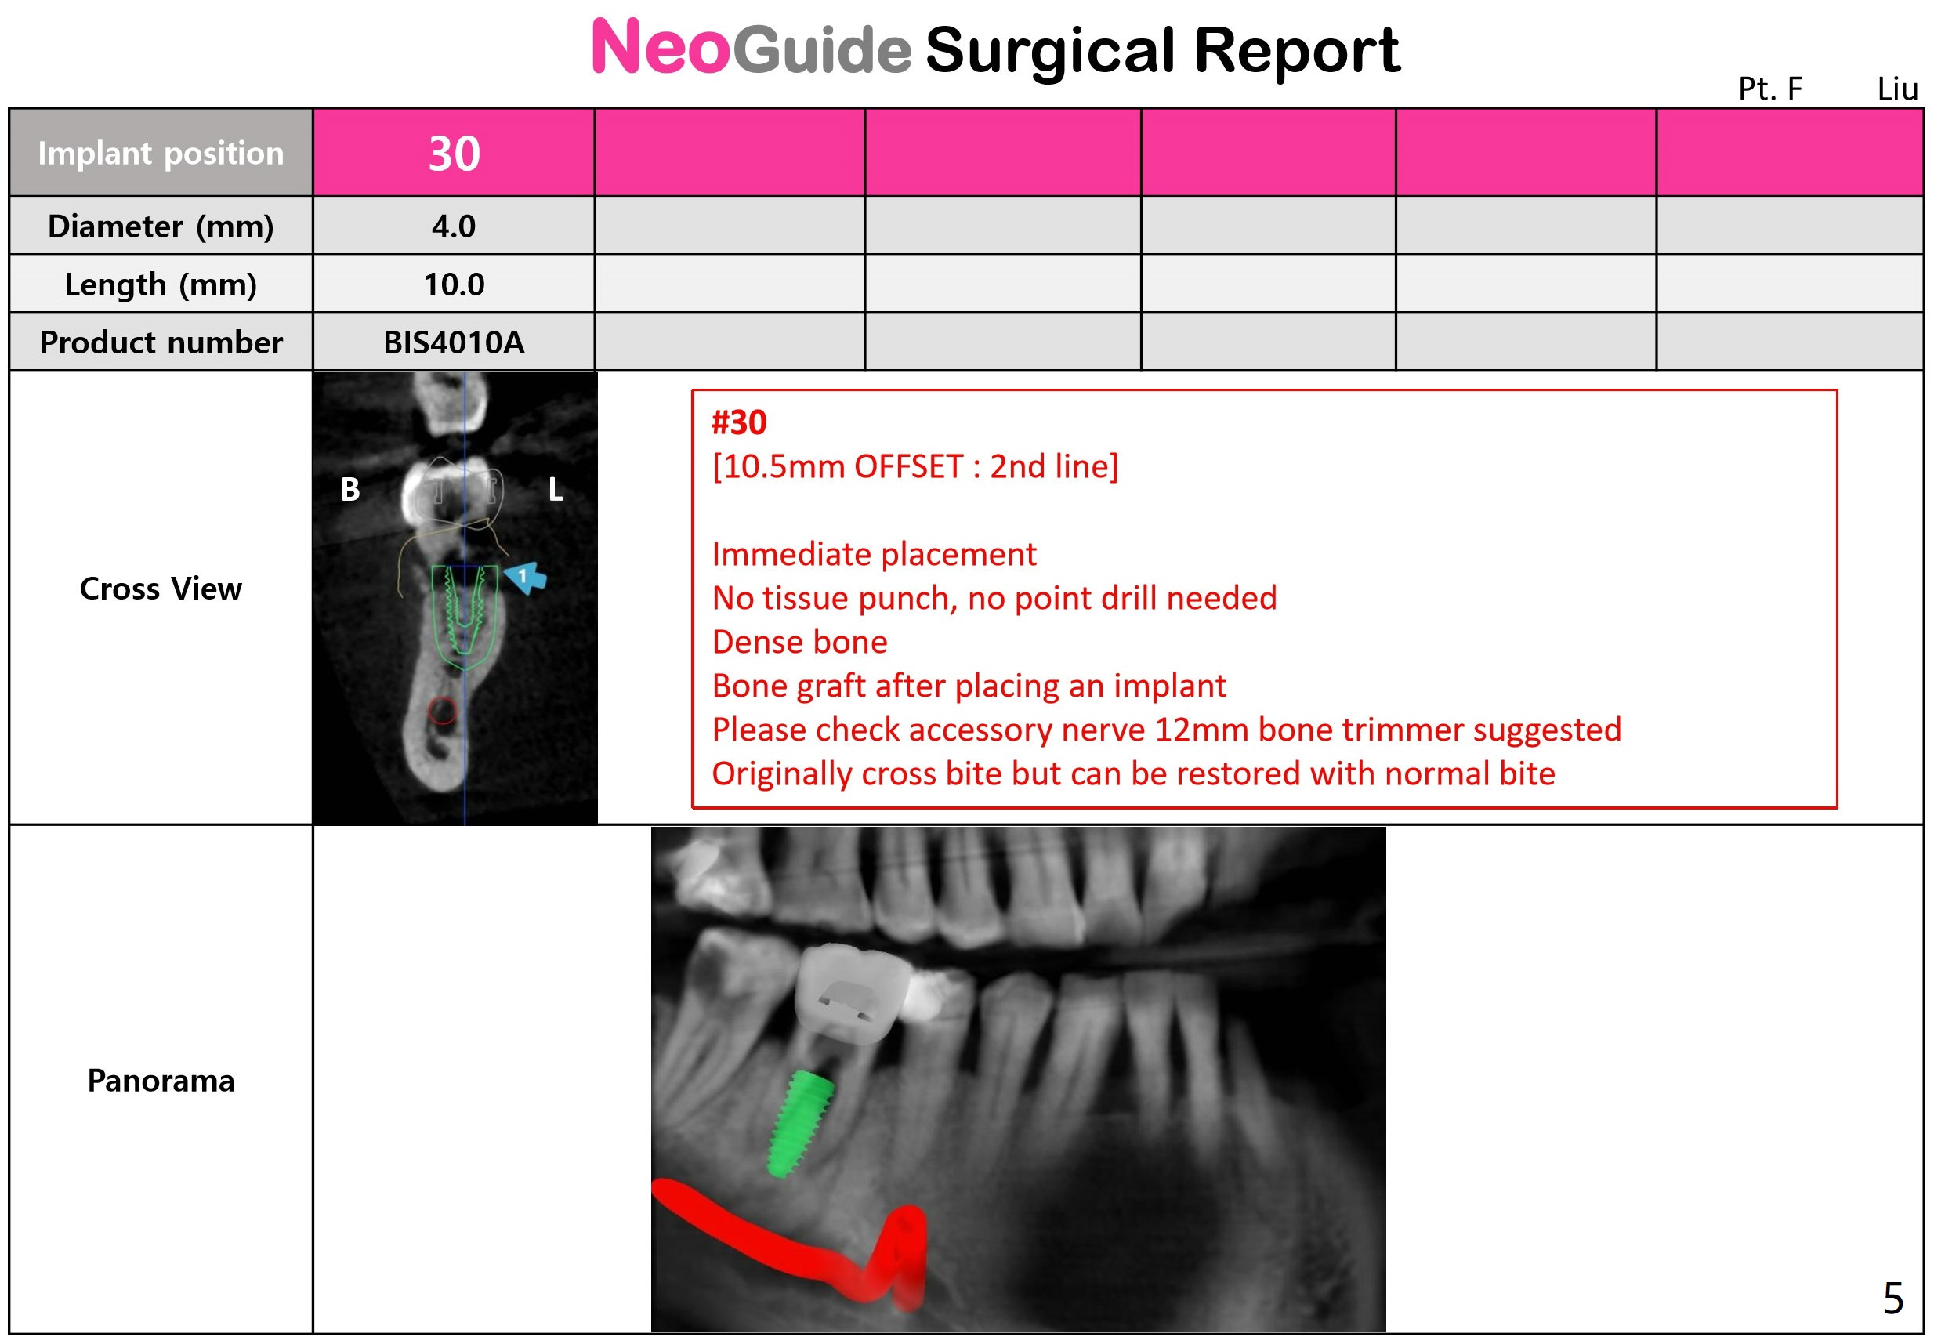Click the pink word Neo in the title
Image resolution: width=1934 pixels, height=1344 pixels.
[660, 47]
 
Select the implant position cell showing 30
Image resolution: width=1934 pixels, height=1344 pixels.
[454, 154]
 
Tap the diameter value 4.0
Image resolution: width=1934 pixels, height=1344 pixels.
[454, 226]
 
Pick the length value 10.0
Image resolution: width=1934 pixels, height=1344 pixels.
[454, 284]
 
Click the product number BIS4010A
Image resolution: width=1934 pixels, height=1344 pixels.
[454, 342]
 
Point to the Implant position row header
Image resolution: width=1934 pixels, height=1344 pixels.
[161, 154]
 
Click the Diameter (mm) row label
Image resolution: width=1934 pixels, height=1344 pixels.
[161, 226]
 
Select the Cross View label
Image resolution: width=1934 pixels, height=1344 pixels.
[161, 588]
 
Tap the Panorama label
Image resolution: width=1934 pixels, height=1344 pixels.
[161, 1080]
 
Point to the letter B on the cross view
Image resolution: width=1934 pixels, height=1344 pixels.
[350, 489]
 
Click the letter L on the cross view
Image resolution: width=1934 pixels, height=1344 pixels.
[556, 489]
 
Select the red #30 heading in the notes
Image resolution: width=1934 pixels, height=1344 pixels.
[739, 422]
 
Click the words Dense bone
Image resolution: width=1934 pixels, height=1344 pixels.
[800, 642]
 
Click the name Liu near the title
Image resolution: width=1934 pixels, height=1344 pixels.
[1897, 89]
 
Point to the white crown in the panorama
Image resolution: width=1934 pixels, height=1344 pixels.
[852, 994]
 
